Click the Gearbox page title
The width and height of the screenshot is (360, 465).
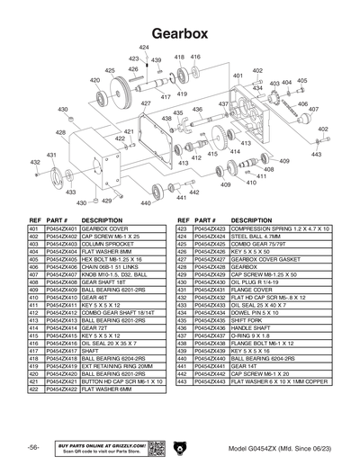180,31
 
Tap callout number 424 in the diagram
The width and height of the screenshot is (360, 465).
144,47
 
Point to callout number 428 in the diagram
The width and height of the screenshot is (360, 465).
61,132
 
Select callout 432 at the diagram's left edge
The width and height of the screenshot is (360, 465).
34,163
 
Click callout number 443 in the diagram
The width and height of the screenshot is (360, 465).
316,155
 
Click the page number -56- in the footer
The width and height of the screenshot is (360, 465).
32,447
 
